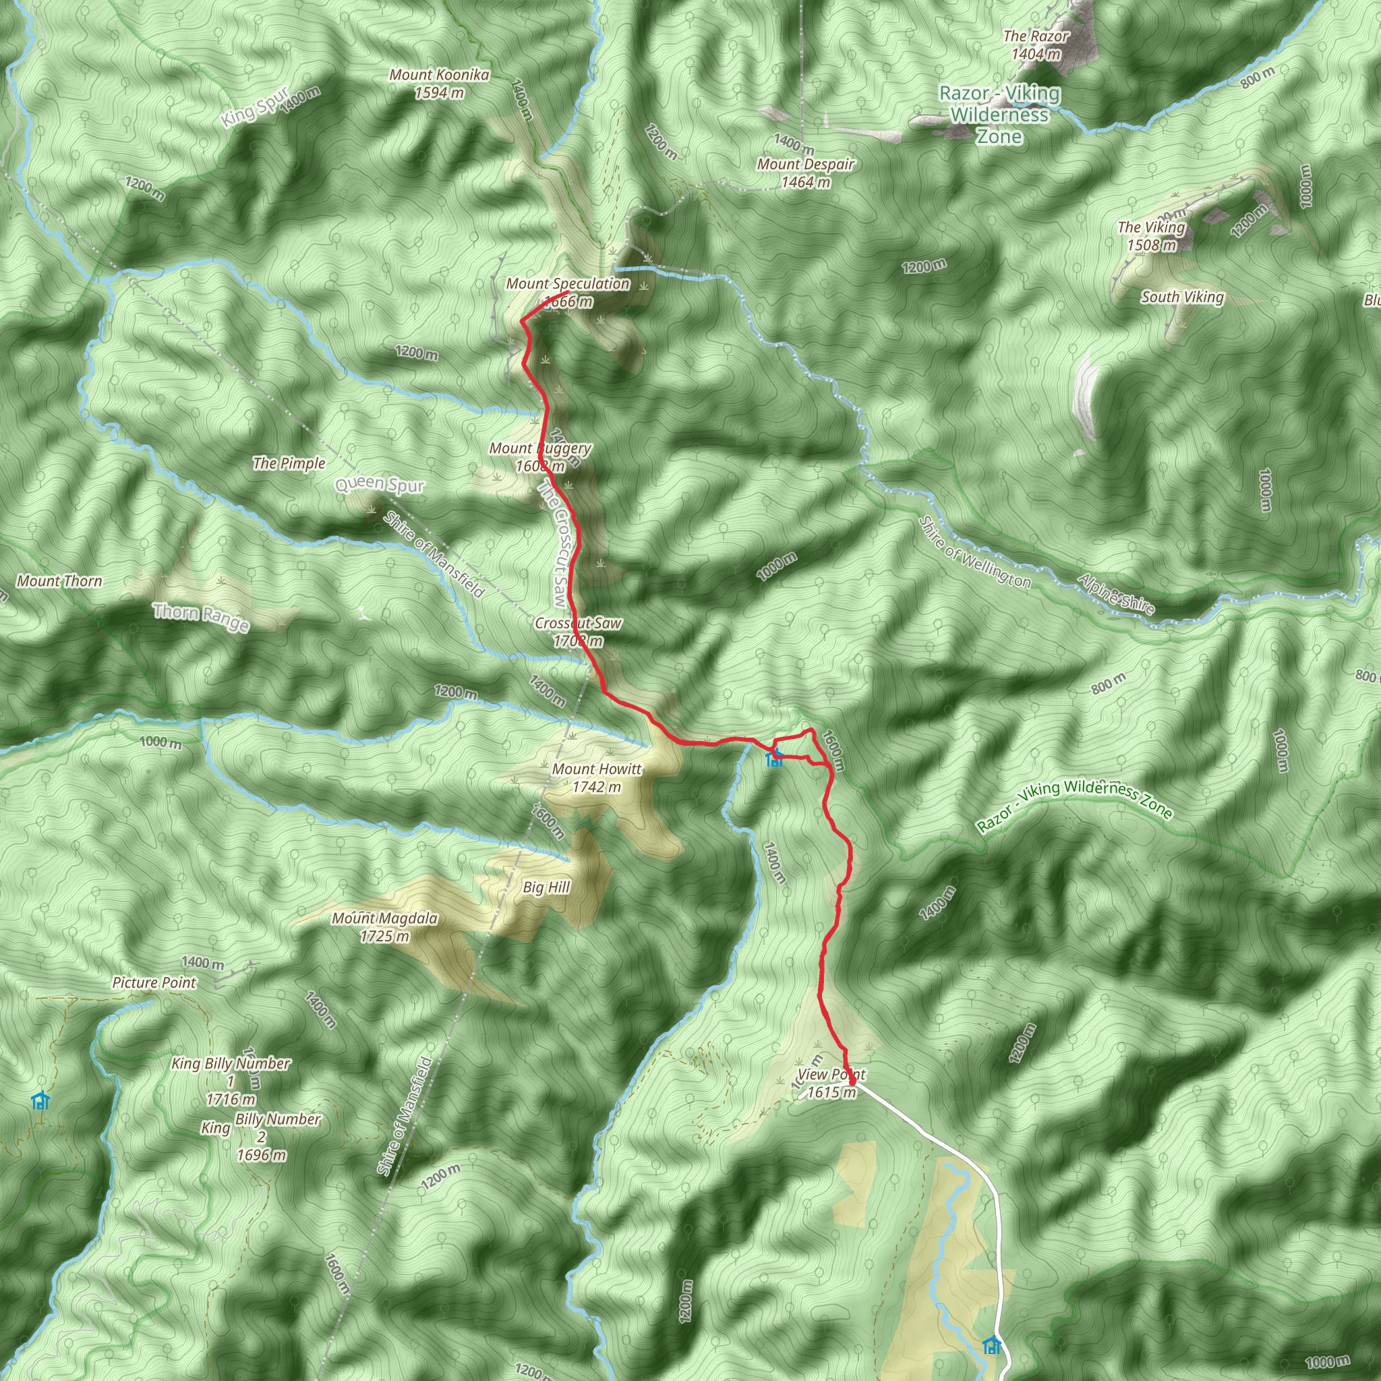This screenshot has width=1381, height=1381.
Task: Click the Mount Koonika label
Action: point(439,84)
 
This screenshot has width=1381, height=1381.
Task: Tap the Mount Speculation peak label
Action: point(568,293)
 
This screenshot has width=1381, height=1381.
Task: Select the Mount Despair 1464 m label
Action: point(806,173)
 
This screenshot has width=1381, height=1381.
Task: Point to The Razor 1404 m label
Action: point(1036,45)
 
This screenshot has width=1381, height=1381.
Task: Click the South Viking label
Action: point(1182,297)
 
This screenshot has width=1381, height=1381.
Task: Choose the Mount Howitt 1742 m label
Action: point(597,777)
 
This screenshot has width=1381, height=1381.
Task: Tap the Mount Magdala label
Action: point(384,927)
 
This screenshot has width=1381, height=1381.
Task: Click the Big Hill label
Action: point(546,887)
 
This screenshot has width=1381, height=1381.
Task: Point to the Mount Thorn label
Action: point(59,581)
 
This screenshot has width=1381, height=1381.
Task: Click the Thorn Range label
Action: point(201,616)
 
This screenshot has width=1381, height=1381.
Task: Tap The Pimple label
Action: point(289,463)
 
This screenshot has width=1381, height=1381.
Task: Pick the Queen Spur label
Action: point(380,486)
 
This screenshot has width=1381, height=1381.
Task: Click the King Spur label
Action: point(254,107)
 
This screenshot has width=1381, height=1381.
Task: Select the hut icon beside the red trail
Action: point(773,759)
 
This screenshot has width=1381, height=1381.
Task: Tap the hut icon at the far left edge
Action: point(40,1100)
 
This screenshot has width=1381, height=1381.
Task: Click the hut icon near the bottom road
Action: point(991,1345)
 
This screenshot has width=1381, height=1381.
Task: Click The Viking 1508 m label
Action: point(1151,236)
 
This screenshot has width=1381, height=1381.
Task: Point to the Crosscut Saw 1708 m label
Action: point(578,632)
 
